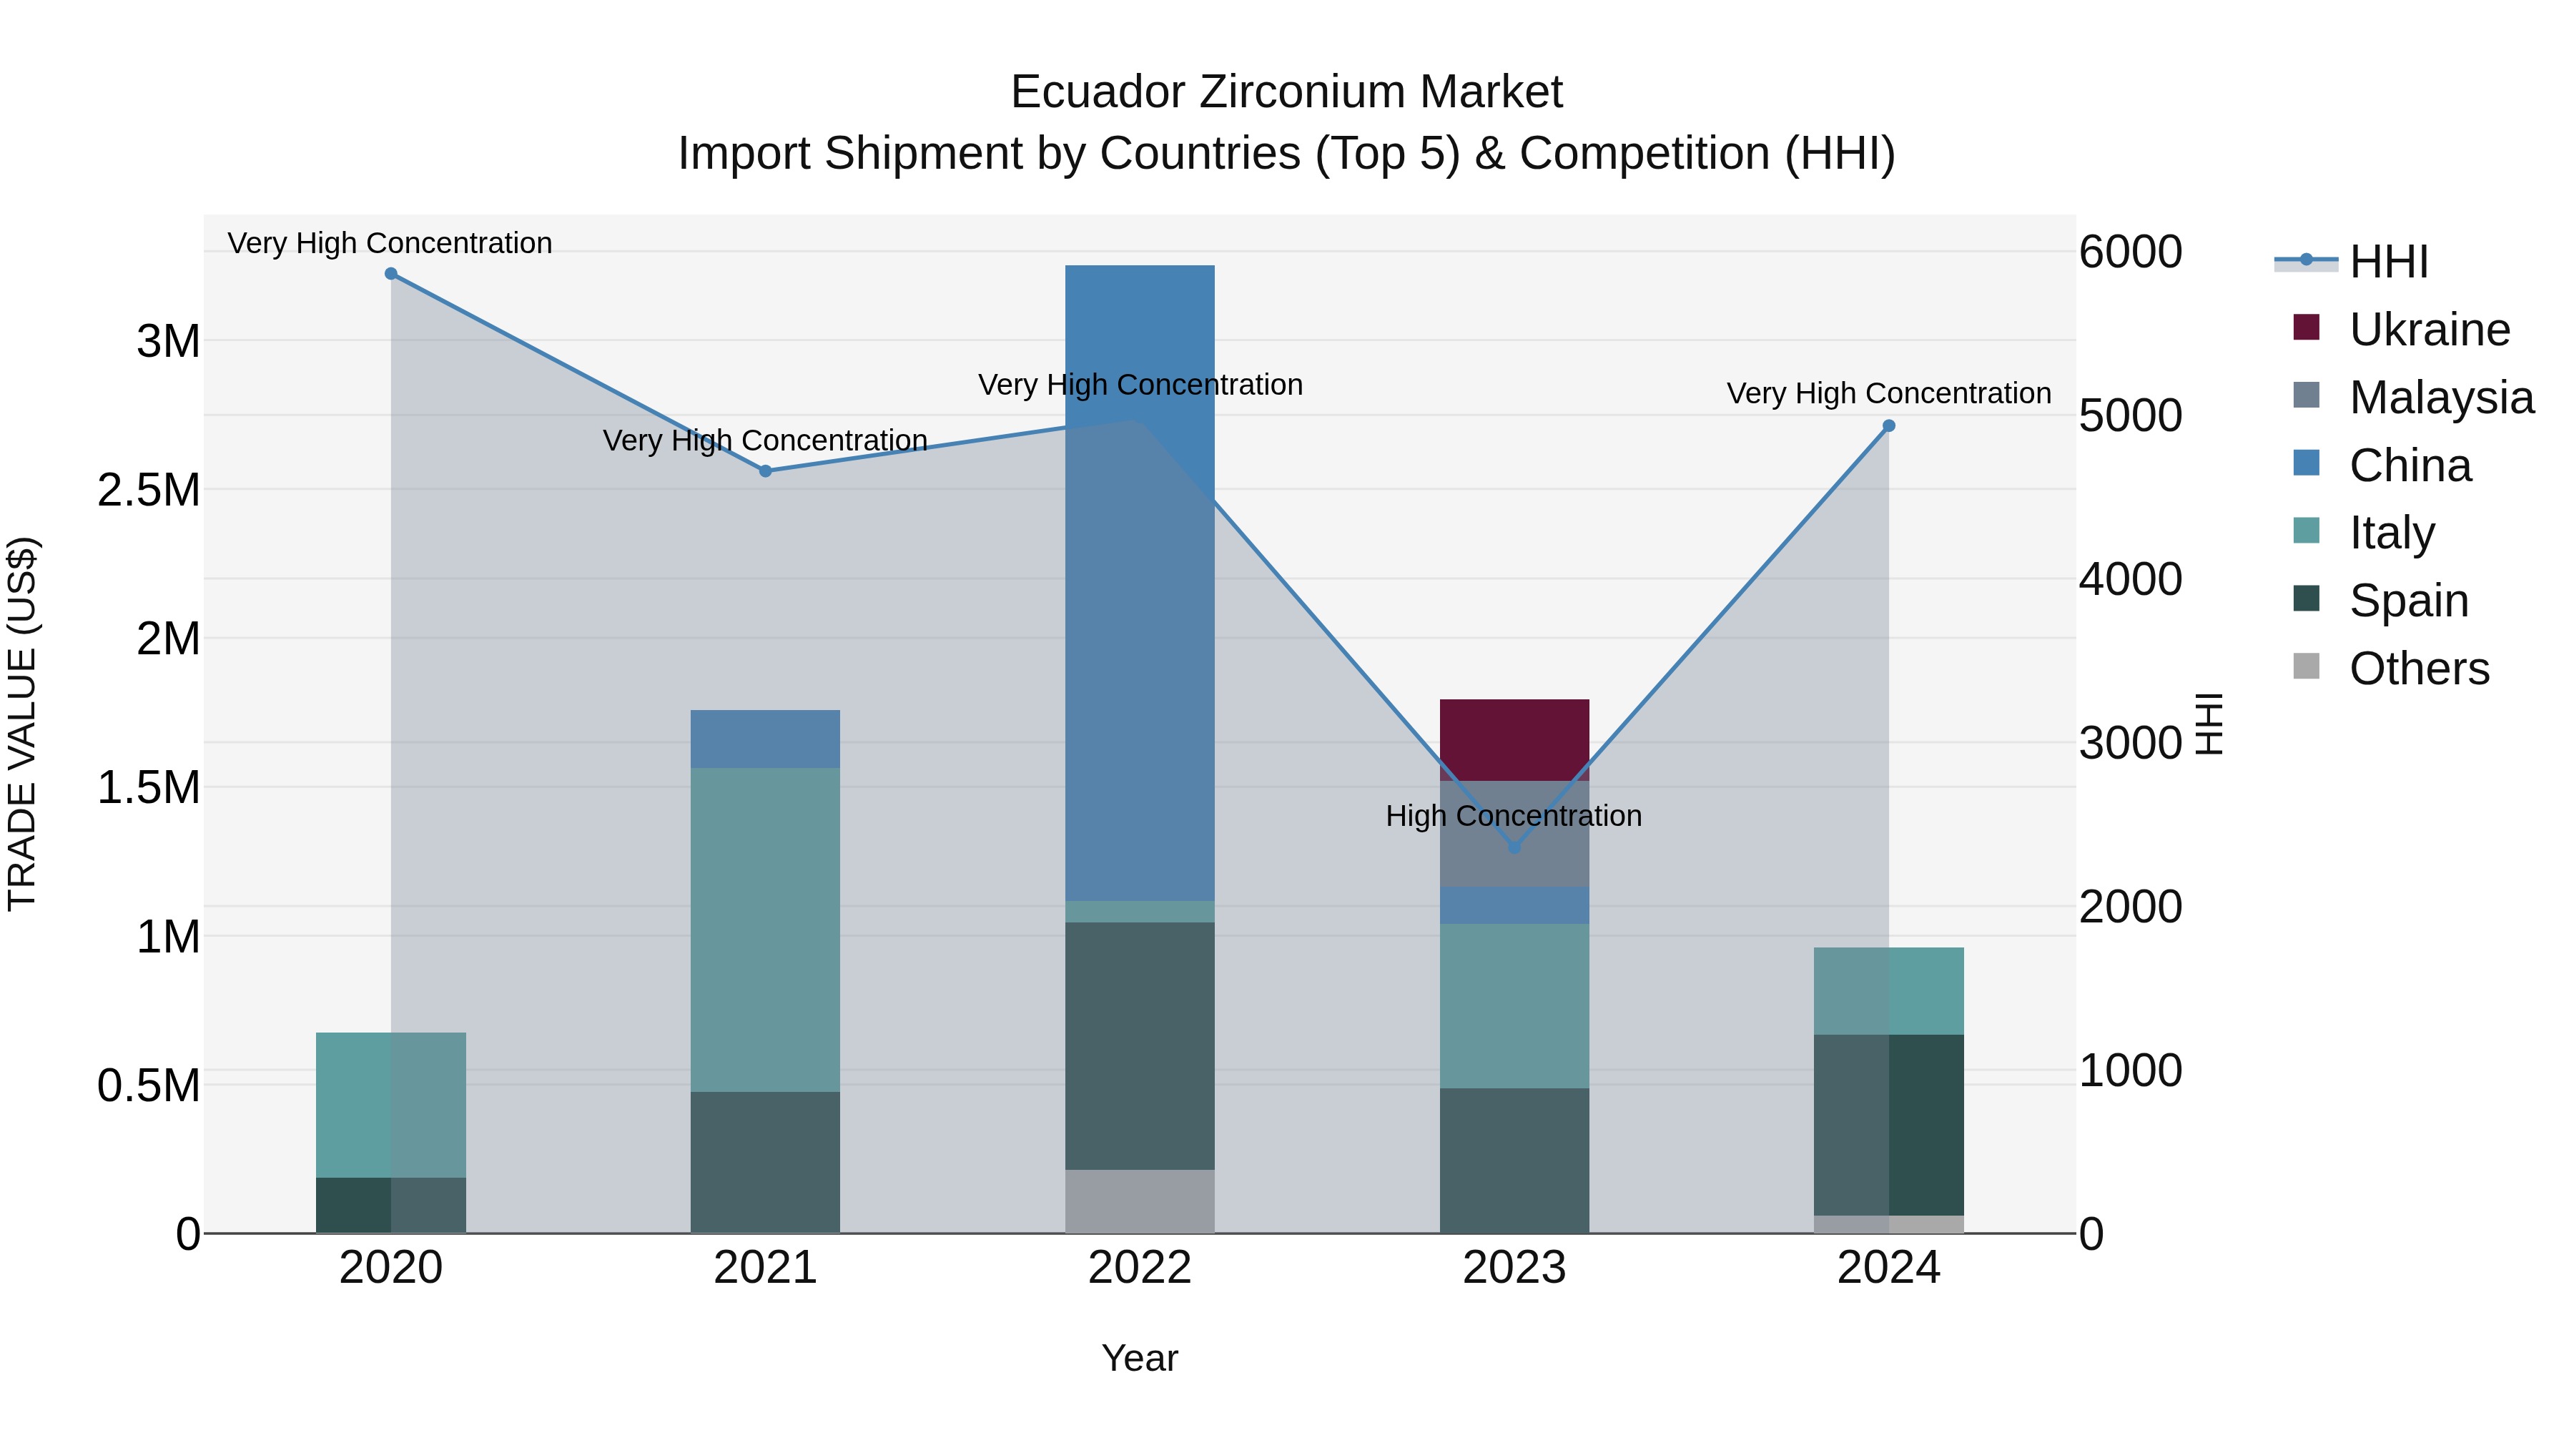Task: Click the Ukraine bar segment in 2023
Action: pos(1514,739)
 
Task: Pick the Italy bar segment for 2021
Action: pos(764,930)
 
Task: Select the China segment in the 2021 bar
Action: pos(764,739)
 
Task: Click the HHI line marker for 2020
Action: pos(390,274)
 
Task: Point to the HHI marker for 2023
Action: pos(1514,847)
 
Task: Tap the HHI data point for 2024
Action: pos(1888,425)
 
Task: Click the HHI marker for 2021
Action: pos(765,471)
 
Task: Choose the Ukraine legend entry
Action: pos(2428,330)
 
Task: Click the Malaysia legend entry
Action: pos(2440,398)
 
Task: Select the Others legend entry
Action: pos(2418,669)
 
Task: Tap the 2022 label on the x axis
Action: pos(1139,1268)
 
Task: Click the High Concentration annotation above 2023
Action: pos(1513,815)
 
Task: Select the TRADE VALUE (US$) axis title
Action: pos(22,724)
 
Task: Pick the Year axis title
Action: pos(1139,1358)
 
